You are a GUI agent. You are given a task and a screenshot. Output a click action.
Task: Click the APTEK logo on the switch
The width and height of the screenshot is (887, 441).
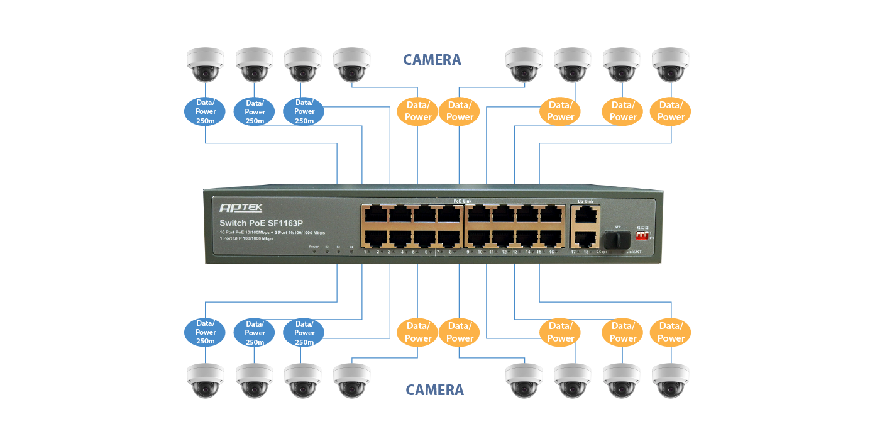(241, 208)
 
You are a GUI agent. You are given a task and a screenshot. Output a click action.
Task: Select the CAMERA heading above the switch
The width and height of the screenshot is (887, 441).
(432, 60)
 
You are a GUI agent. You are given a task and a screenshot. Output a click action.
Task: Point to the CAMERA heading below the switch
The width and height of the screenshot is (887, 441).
(434, 390)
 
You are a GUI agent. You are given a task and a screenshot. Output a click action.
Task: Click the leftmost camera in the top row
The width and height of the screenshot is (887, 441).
(205, 65)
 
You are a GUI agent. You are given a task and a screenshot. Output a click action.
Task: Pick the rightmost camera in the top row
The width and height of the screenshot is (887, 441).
(671, 65)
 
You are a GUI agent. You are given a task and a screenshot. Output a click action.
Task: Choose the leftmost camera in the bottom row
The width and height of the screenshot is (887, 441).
(205, 381)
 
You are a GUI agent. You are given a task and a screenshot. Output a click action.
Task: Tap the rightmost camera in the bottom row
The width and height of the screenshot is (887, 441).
(671, 381)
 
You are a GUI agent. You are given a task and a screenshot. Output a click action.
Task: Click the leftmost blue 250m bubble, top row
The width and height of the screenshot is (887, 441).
(206, 111)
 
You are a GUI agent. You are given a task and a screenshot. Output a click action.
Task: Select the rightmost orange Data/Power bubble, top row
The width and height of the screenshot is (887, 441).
(671, 111)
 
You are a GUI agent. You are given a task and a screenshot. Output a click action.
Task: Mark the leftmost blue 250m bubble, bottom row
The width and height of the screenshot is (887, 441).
(206, 332)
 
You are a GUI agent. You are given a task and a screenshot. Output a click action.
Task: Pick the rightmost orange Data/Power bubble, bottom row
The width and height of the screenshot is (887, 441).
(671, 332)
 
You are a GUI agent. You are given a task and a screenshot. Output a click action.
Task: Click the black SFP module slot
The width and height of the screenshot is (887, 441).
(617, 240)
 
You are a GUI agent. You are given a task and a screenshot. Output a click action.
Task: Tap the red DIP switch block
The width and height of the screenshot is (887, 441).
(642, 234)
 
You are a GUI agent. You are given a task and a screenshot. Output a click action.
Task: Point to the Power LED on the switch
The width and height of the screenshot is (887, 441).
(314, 251)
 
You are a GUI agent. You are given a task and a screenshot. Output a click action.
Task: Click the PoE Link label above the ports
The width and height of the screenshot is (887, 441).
(463, 201)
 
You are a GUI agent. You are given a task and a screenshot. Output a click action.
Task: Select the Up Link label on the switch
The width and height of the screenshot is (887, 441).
(585, 201)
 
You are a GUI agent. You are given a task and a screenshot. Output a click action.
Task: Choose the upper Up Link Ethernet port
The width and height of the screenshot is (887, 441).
(585, 214)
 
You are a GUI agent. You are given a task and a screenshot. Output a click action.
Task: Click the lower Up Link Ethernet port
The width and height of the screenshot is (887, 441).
(585, 238)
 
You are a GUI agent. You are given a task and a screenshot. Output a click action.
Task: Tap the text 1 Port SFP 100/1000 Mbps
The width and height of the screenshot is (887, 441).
(246, 239)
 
